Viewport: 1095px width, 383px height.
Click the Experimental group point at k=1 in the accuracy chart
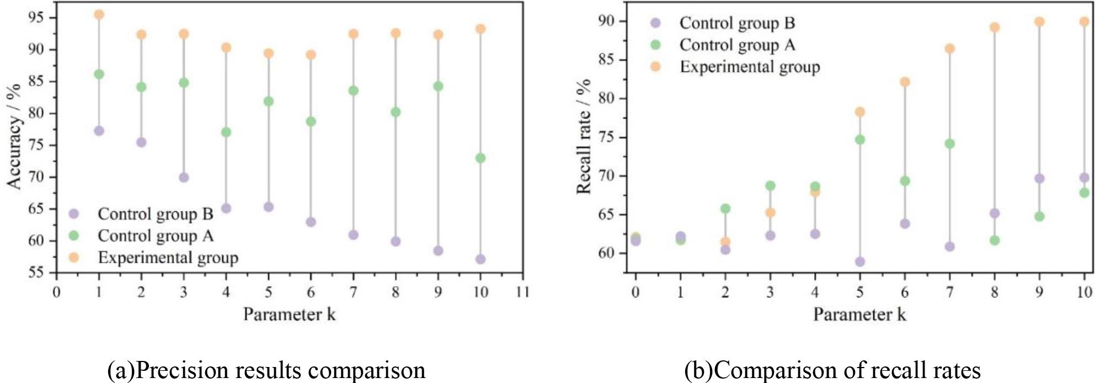(99, 15)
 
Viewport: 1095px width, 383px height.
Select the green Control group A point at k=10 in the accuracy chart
(480, 158)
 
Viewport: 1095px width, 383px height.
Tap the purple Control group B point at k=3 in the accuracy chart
(184, 178)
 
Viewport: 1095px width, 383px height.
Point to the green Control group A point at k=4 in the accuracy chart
(226, 132)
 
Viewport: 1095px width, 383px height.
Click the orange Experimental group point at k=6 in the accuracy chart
(311, 55)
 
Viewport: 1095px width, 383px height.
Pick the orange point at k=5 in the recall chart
(859, 112)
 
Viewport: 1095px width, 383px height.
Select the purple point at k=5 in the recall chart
(859, 262)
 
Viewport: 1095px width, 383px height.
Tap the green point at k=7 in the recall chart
(949, 143)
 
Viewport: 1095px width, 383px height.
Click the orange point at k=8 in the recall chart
(995, 27)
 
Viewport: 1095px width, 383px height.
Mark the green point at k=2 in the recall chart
(725, 209)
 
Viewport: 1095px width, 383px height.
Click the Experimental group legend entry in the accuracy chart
(167, 258)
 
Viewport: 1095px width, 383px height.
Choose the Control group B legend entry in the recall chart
(737, 23)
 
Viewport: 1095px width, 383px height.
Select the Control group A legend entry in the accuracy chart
(155, 236)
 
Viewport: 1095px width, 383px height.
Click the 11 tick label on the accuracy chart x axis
(522, 291)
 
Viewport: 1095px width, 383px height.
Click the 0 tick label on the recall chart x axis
(635, 291)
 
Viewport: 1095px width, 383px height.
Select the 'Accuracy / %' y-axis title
(15, 136)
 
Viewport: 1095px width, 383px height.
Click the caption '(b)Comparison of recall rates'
(832, 370)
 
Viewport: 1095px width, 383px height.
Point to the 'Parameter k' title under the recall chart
(859, 315)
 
